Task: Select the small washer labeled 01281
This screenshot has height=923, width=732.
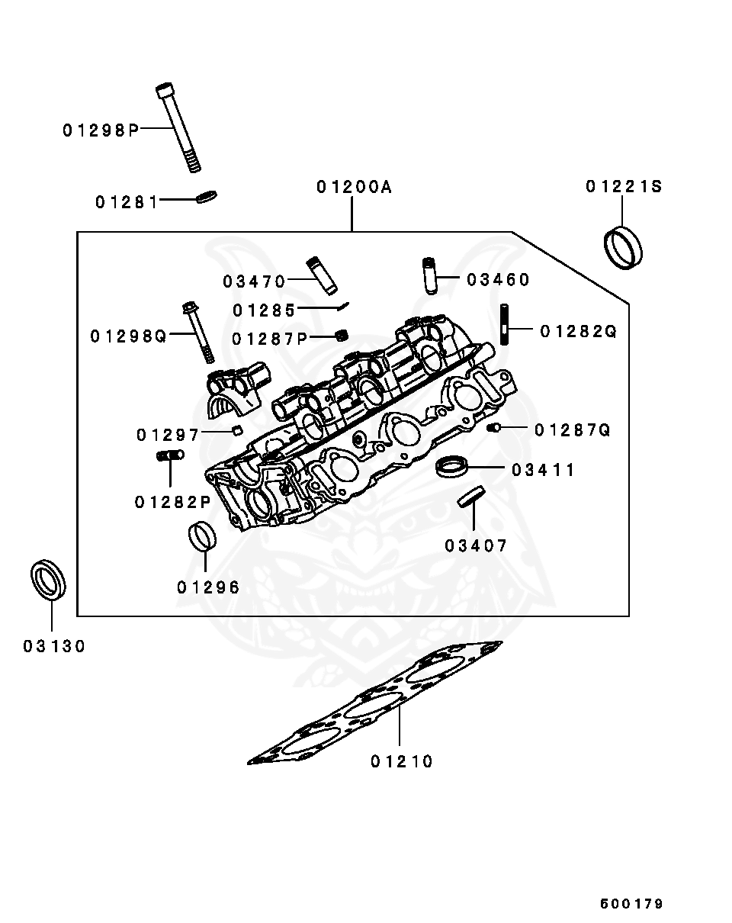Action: click(x=207, y=197)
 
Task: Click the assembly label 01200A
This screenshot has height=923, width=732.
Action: click(x=354, y=187)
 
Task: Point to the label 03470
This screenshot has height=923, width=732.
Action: click(x=254, y=281)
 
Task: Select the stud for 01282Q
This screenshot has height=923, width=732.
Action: click(x=504, y=325)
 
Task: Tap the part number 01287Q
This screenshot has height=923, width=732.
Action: click(x=573, y=430)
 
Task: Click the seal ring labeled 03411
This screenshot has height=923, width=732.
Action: click(x=451, y=465)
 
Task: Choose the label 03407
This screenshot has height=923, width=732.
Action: click(x=476, y=545)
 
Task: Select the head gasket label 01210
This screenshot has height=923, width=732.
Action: click(x=402, y=761)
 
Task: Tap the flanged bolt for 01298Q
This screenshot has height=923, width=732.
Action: click(x=197, y=333)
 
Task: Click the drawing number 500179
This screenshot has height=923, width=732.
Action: click(x=631, y=904)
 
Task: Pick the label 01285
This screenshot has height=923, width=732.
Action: click(x=264, y=310)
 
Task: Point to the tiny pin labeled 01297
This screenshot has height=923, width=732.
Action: click(x=237, y=431)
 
